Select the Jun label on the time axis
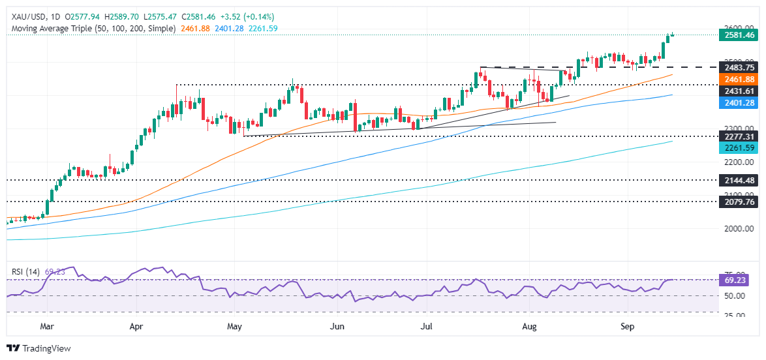pyautogui.click(x=337, y=323)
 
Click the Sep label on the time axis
pyautogui.click(x=627, y=323)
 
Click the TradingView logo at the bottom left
pyautogui.click(x=38, y=348)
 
